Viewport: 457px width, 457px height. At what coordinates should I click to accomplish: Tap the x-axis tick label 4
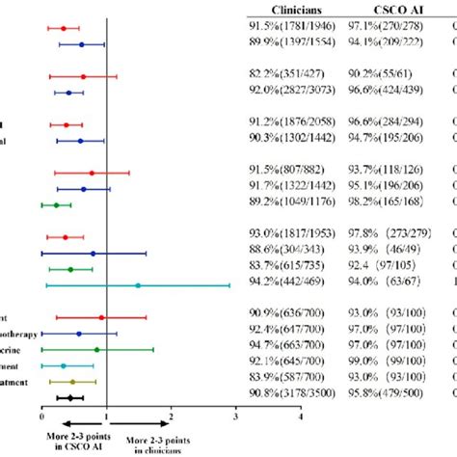[301, 417]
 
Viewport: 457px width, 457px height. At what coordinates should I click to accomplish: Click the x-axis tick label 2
[171, 417]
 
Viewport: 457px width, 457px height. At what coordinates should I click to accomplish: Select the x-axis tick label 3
[236, 417]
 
